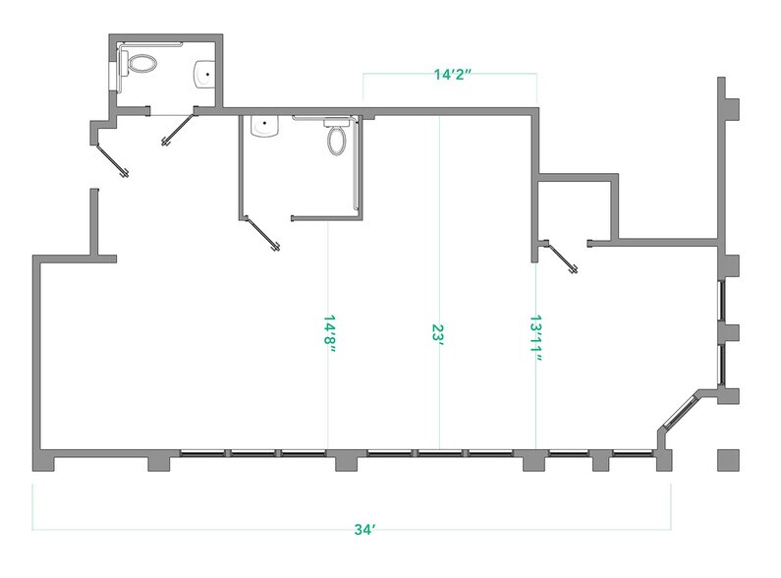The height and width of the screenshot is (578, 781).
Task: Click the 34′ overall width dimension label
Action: pyautogui.click(x=364, y=529)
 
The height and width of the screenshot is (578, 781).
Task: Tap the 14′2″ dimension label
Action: pyautogui.click(x=451, y=75)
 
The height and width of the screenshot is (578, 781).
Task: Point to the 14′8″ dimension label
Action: pyautogui.click(x=329, y=333)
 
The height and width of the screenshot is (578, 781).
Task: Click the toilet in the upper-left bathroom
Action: pyautogui.click(x=139, y=64)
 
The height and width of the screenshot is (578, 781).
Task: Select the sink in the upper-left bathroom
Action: pyautogui.click(x=204, y=75)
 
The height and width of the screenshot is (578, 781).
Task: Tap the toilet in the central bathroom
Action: pyautogui.click(x=337, y=136)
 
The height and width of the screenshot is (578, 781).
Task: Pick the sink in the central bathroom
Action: pyautogui.click(x=264, y=126)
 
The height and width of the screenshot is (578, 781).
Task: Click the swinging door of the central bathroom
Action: pyautogui.click(x=261, y=233)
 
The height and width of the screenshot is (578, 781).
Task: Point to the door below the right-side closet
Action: pyautogui.click(x=561, y=257)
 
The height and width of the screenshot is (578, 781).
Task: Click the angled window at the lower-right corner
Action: pyautogui.click(x=679, y=413)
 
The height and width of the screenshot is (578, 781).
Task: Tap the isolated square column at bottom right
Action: pyautogui.click(x=728, y=460)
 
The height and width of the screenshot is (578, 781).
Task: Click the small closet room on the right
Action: pyautogui.click(x=575, y=210)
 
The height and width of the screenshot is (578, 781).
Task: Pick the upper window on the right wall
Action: pyautogui.click(x=720, y=301)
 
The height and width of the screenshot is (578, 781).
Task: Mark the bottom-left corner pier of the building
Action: pyautogui.click(x=43, y=460)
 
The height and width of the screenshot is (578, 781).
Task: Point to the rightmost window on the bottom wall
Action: pyautogui.click(x=633, y=453)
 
